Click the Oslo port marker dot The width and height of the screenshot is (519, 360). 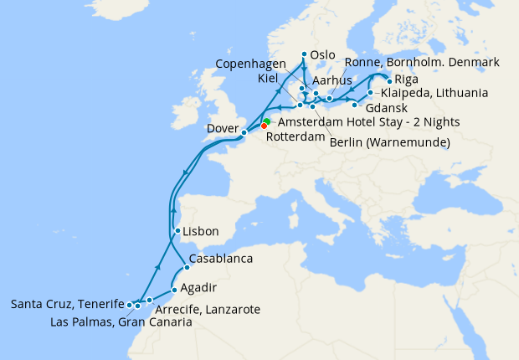(303, 55)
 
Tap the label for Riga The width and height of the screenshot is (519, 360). (407, 80)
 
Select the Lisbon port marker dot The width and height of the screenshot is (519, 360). (177, 231)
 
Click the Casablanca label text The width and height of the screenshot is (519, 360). (221, 259)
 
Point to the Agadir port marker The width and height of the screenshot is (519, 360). (174, 290)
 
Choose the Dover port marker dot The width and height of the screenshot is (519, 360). (244, 132)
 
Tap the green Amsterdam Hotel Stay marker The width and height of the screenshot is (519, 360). (267, 121)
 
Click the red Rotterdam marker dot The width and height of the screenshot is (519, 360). (265, 126)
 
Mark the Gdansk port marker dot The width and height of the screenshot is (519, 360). (355, 105)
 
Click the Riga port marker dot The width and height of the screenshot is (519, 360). (388, 80)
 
